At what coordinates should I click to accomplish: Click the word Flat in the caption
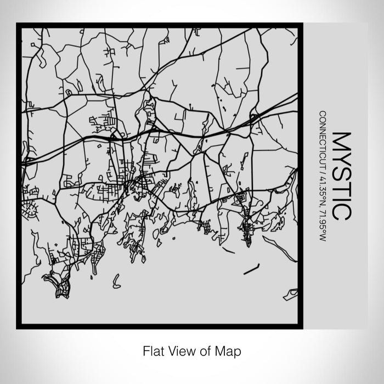coord(154,349)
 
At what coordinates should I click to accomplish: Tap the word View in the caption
coord(181,349)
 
